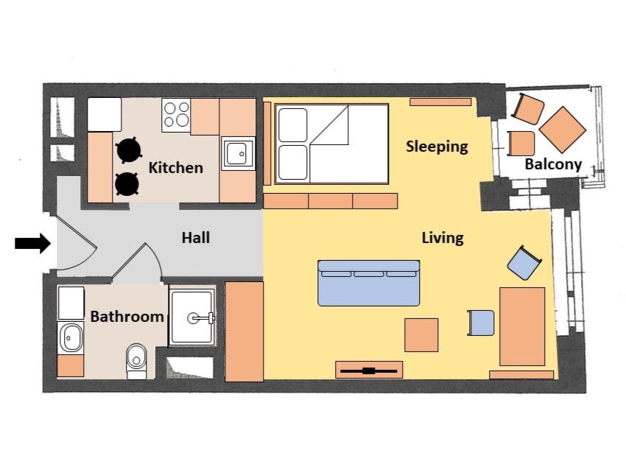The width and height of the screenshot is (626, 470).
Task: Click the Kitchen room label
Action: coord(176,168)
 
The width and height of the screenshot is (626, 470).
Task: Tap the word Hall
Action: coord(196,238)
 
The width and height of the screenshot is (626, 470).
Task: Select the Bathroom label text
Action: coord(127,317)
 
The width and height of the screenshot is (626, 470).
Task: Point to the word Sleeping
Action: coord(437,147)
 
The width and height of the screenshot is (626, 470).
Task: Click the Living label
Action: coord(443,238)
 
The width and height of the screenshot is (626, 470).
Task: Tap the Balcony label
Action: coord(553,164)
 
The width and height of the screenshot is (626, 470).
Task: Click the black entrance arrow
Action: coord(32,243)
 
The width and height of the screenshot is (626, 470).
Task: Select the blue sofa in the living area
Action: coord(368,283)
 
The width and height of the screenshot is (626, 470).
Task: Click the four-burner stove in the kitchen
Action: coord(176,115)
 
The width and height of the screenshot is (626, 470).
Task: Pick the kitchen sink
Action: coord(239,154)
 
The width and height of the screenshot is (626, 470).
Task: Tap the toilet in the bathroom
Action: coord(136,362)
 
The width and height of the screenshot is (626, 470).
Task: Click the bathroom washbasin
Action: coord(71,338)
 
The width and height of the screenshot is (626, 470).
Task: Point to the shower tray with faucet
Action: coord(192,318)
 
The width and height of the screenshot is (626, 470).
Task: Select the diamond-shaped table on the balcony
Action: coord(563,130)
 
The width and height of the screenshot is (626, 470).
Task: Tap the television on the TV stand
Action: coord(369,371)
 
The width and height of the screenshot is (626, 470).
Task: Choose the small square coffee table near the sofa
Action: coord(421,335)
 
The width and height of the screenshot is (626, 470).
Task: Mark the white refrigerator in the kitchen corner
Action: coord(104,115)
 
